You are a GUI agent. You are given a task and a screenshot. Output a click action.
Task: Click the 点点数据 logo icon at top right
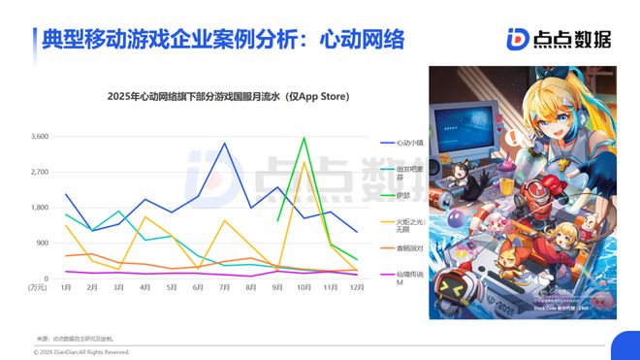click(x=517, y=38)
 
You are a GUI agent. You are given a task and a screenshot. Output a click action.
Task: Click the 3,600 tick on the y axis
click(x=39, y=137)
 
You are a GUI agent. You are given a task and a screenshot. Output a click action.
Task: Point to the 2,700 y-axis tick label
click(x=39, y=172)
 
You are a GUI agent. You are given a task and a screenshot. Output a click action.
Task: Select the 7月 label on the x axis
click(x=224, y=287)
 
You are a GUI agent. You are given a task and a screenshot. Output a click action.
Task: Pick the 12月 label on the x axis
click(x=356, y=287)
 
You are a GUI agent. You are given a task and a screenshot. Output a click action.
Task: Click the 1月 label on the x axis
click(x=66, y=287)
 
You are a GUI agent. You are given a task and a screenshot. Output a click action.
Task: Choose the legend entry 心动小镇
click(x=410, y=143)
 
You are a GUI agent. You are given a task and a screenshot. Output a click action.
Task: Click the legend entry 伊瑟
click(x=402, y=196)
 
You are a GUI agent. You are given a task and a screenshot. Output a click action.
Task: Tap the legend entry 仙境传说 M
click(x=410, y=276)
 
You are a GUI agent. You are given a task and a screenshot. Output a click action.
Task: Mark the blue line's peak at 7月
click(x=224, y=144)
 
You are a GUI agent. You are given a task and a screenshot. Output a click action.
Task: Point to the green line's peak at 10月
click(x=304, y=138)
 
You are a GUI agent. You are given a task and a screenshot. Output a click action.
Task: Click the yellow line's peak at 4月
click(x=145, y=217)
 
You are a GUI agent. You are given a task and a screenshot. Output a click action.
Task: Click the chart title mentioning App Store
click(x=228, y=97)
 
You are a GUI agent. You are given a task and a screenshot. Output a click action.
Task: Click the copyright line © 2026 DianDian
click(x=82, y=351)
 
